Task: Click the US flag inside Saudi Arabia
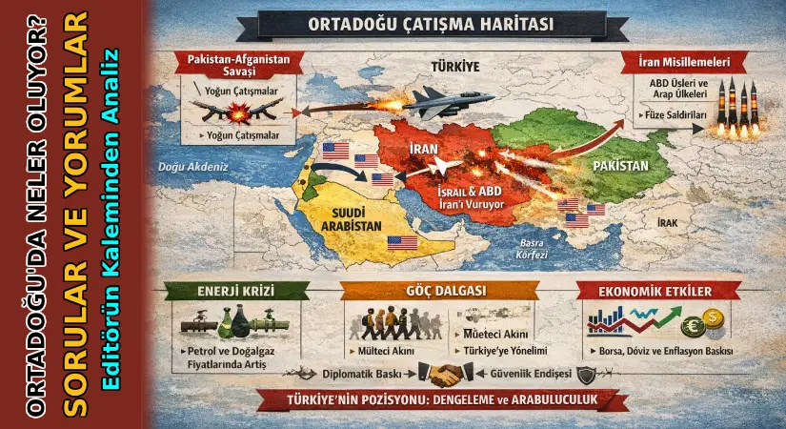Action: (401, 243)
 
